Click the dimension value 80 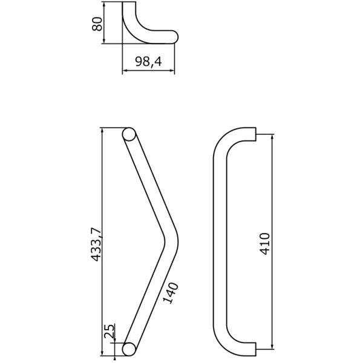coord(97,24)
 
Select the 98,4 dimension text coord(148,61)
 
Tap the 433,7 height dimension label coord(96,244)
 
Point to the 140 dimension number coord(171,293)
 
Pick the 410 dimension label coord(264,244)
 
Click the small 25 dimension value coord(110,331)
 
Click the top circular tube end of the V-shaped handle coord(129,134)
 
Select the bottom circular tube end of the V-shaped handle coord(129,349)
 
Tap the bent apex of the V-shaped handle coord(172,241)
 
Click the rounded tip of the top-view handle coord(175,37)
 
